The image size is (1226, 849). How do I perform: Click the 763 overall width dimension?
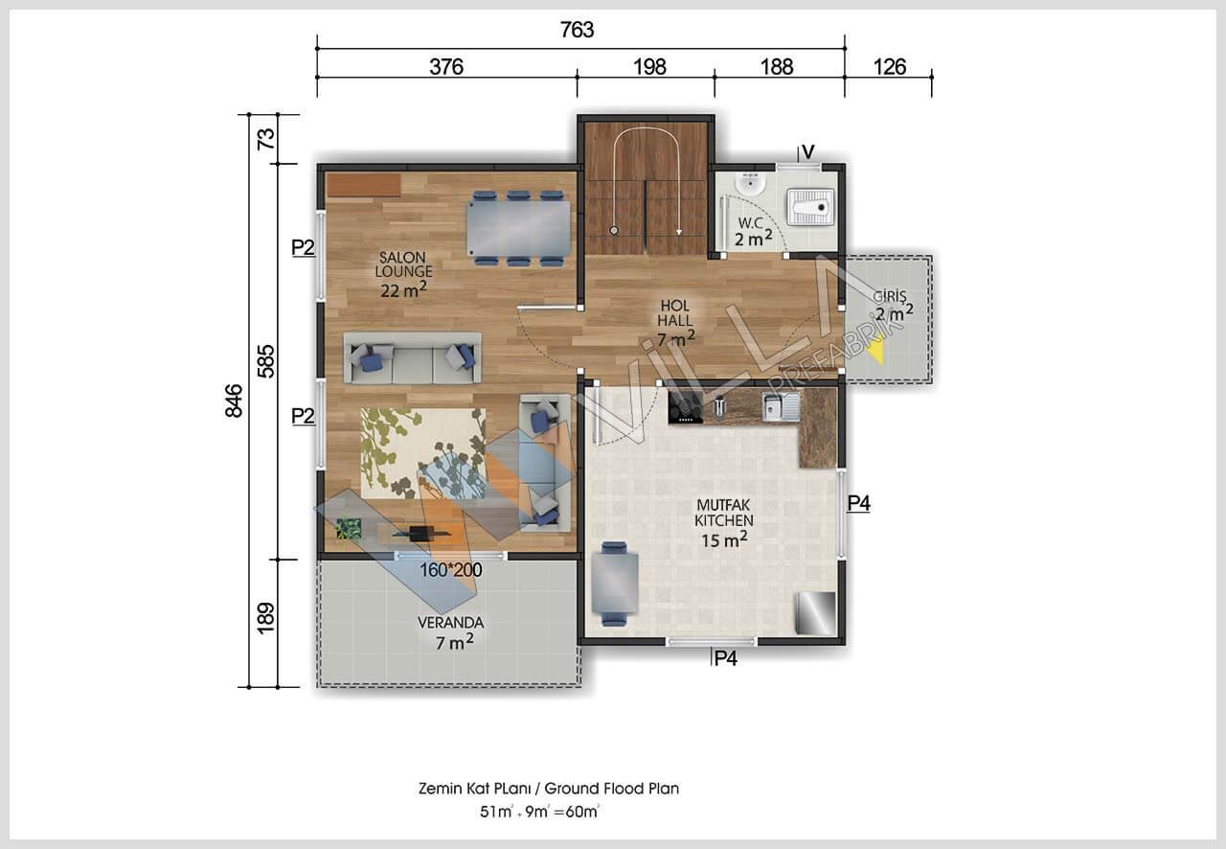tap(577, 30)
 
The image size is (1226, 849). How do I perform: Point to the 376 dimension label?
tap(446, 67)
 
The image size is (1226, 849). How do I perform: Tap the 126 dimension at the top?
tap(890, 67)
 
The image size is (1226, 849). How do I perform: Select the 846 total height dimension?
tap(234, 401)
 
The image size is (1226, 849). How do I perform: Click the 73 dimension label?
tap(266, 139)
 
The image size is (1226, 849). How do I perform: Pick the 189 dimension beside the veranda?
tap(266, 618)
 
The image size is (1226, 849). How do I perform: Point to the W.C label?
tap(750, 223)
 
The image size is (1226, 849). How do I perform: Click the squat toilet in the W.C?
tap(811, 207)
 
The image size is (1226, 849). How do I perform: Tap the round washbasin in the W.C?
tap(749, 184)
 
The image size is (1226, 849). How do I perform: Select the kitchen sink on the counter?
tap(781, 406)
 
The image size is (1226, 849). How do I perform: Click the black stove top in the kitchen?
tap(685, 407)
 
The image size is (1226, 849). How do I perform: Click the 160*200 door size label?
tap(450, 570)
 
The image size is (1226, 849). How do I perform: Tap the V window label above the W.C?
tap(807, 151)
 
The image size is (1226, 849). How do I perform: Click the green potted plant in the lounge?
tap(349, 529)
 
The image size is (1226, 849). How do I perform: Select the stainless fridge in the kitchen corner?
tap(815, 613)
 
